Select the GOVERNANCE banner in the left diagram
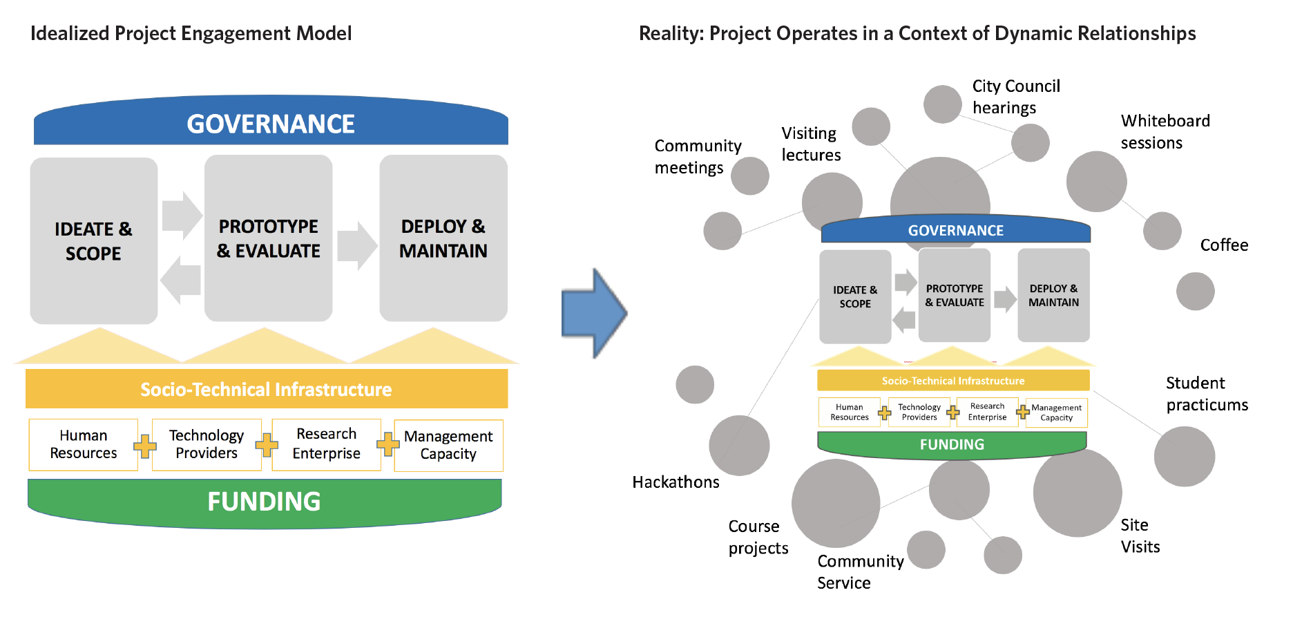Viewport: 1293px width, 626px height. click(271, 120)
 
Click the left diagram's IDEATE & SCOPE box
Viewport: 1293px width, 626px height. click(94, 240)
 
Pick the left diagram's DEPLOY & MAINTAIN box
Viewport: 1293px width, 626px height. click(443, 238)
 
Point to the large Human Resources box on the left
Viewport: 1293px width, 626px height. click(84, 444)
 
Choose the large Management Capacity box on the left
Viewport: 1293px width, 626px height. click(449, 445)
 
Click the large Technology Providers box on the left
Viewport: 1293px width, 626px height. click(207, 444)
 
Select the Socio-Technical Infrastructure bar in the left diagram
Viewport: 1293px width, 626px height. click(267, 388)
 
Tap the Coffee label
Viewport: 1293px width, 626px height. click(1224, 245)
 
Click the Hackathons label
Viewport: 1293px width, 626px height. click(676, 482)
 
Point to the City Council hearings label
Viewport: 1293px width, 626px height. click(1016, 97)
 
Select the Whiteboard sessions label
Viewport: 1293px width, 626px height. click(1165, 132)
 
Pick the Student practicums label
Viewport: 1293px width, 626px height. click(1207, 394)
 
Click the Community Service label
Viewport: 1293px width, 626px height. click(861, 572)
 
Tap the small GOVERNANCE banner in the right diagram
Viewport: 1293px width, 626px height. click(956, 229)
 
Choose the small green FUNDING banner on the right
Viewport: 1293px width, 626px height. click(952, 445)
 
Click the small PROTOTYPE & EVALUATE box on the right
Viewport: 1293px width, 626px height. click(955, 295)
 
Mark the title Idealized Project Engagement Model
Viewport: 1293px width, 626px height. click(191, 33)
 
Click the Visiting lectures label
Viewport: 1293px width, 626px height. click(811, 144)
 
